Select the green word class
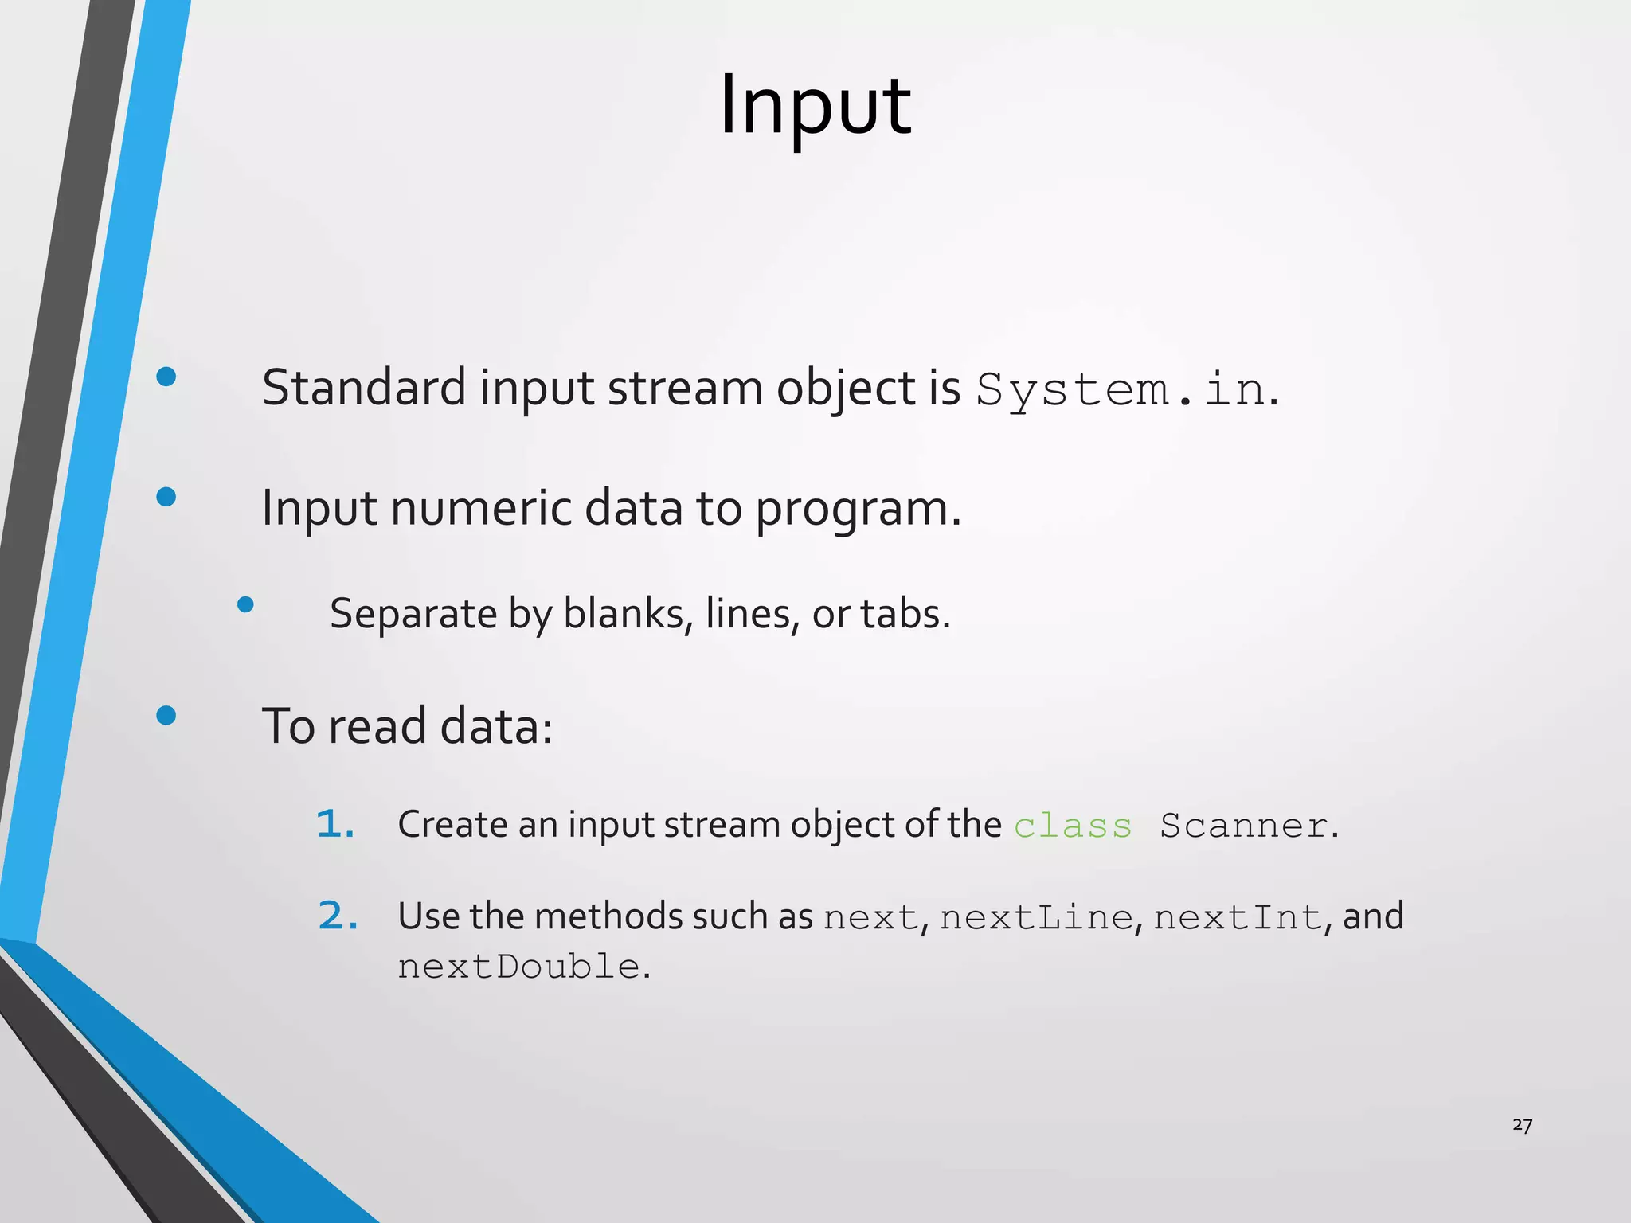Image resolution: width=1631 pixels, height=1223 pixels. point(1073,826)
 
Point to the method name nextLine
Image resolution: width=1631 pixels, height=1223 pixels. point(1036,918)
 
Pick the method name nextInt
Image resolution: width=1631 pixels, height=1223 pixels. point(1238,918)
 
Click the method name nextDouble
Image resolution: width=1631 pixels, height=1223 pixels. point(518,967)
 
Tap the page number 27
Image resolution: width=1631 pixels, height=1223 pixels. point(1522,1125)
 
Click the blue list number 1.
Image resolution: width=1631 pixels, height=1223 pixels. point(334,825)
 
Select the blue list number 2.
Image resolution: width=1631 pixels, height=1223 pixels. point(337,916)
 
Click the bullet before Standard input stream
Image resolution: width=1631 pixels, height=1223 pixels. point(166,377)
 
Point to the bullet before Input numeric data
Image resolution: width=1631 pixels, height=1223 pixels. point(166,498)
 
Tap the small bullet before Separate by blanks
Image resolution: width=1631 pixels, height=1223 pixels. point(245,605)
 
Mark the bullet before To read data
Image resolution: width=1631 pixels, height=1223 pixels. point(166,716)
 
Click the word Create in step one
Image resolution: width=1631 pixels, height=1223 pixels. point(452,825)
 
